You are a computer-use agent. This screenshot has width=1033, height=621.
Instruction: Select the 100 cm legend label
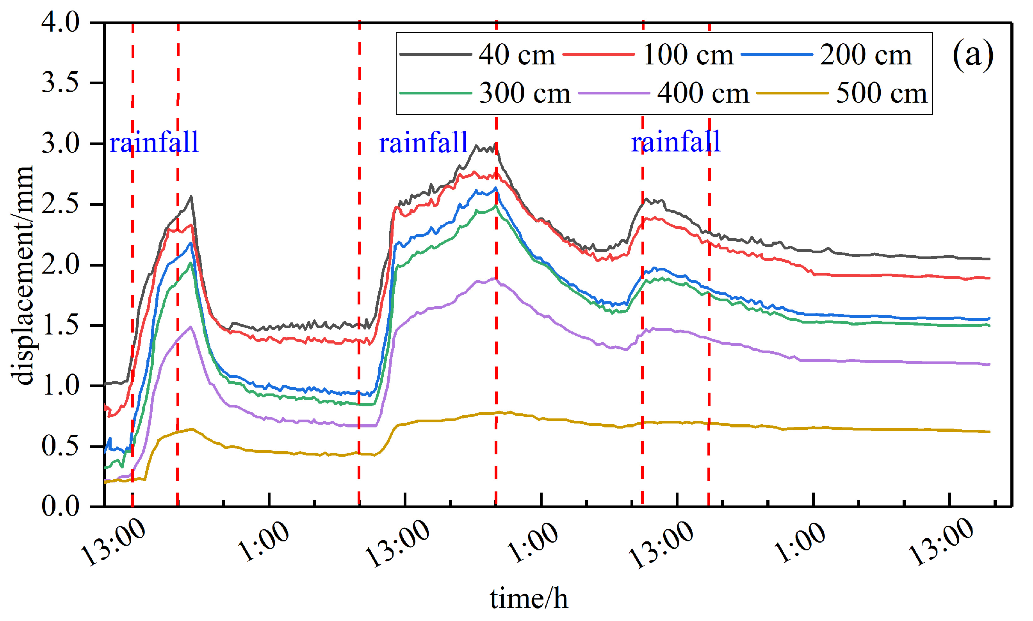coord(688,55)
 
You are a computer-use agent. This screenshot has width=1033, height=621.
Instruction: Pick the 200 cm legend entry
coord(865,55)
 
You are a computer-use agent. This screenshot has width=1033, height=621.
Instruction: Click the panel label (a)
coord(972,55)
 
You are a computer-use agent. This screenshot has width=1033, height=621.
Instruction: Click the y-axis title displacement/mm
coord(22,275)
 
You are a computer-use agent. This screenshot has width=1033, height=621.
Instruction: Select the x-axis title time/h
coord(529,598)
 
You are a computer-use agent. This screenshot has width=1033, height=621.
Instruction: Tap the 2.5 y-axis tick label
coord(60,205)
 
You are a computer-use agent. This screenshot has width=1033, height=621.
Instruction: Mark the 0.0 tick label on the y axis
coord(60,506)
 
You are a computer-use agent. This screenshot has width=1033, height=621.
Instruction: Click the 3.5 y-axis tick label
coord(60,83)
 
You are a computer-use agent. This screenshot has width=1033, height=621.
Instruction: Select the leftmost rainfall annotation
coord(153,142)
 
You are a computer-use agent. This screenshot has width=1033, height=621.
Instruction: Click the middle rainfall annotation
coord(423,142)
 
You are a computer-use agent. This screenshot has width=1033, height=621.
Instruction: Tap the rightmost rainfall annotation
coord(675,142)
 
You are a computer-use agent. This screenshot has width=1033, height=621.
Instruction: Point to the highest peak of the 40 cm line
coord(476,146)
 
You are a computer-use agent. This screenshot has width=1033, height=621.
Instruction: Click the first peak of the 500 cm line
coord(191,429)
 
